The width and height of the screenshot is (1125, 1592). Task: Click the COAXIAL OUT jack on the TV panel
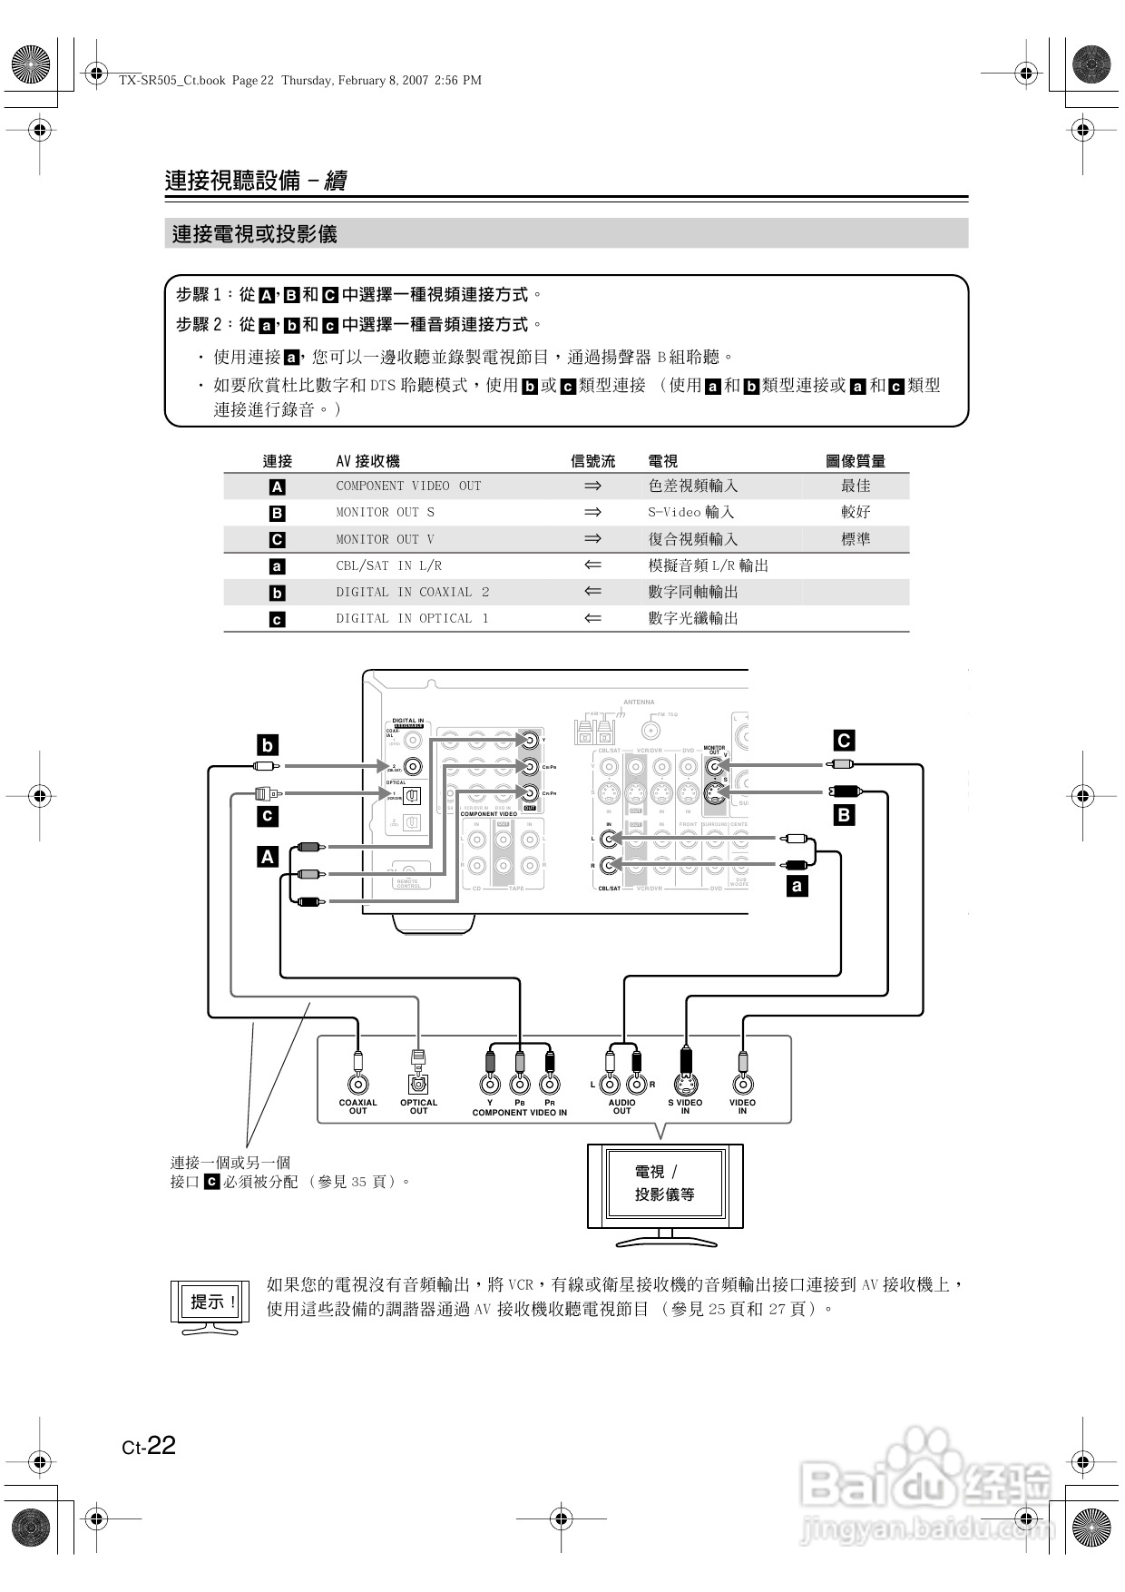(x=358, y=1084)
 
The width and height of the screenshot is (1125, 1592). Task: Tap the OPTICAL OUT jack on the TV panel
(x=418, y=1084)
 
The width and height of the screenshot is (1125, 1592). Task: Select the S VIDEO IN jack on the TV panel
(x=685, y=1084)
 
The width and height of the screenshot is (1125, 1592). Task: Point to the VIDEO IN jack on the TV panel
(x=742, y=1084)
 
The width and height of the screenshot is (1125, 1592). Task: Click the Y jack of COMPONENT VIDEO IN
(x=490, y=1084)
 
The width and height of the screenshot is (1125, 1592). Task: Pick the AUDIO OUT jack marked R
(x=636, y=1084)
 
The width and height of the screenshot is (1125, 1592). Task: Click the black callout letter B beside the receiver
(x=844, y=815)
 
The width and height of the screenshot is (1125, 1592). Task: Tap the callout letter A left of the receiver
(x=267, y=857)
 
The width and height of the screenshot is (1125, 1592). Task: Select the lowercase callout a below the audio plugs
(x=797, y=886)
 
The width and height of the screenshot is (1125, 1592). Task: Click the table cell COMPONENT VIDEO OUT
(x=408, y=486)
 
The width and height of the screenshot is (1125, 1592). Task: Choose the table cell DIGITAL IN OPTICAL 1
(x=412, y=619)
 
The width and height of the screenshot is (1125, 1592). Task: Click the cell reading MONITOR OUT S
(x=385, y=513)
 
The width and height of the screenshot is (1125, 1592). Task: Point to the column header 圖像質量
(x=855, y=461)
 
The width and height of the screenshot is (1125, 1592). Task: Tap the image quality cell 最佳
(x=855, y=486)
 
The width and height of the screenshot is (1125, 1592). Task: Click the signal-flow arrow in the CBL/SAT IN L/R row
(x=592, y=565)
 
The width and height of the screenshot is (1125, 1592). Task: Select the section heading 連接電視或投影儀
(x=255, y=234)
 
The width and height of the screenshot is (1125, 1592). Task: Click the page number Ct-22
(x=149, y=1445)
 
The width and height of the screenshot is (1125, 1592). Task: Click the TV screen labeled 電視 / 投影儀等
(x=665, y=1184)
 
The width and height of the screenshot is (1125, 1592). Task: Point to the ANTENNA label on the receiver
(x=639, y=702)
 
